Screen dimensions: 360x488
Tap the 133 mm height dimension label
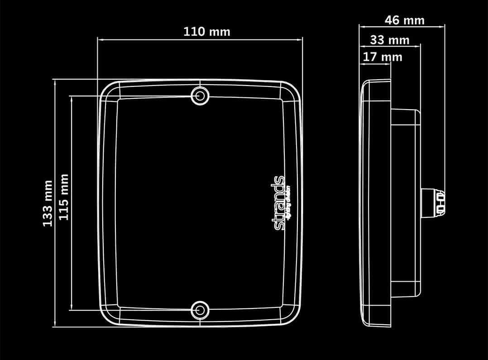48,203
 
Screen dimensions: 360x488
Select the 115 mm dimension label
63,197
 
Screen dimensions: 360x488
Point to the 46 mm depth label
404,20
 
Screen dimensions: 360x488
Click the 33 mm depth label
389,40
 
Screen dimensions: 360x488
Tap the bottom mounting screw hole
199,310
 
